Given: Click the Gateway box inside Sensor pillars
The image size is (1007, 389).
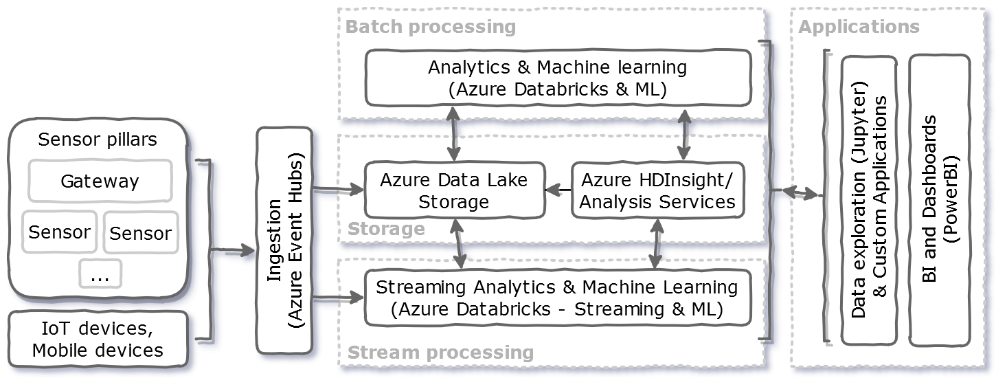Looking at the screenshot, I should point(100,181).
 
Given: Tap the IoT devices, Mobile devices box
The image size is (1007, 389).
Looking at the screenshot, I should point(98,339).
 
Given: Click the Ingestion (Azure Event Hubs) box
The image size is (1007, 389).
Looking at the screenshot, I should point(284,241).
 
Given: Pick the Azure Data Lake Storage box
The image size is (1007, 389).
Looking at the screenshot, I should point(454,190).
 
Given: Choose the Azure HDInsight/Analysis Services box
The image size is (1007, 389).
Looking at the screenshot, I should point(657,190).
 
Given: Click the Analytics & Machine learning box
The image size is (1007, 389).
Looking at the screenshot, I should point(557,78).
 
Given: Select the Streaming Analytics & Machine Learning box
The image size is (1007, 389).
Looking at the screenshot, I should point(557,298).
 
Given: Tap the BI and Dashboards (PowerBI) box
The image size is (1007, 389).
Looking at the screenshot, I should point(939,199).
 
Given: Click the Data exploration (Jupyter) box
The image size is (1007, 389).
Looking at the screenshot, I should point(869,199).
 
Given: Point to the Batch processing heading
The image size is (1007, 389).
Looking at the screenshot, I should point(431,27).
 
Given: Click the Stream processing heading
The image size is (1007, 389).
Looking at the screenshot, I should point(440,353).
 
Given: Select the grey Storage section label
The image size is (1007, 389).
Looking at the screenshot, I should point(386,229).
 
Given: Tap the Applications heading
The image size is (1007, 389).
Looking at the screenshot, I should point(859,27).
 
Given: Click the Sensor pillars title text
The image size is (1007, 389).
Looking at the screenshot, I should point(98,140).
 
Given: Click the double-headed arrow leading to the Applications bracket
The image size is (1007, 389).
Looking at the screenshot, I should point(796,192).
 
